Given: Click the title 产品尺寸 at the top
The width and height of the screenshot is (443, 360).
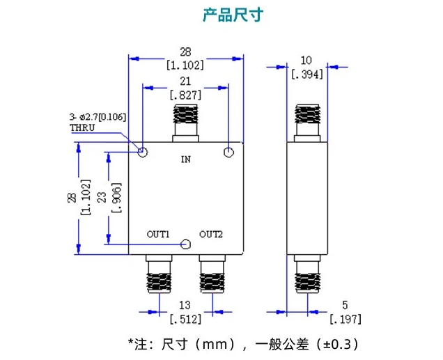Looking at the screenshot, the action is pyautogui.click(x=233, y=15).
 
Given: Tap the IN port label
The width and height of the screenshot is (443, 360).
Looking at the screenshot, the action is pyautogui.click(x=186, y=159).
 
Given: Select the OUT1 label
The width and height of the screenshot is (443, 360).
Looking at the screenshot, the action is pyautogui.click(x=158, y=234).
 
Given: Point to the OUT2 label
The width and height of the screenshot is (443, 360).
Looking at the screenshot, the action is pyautogui.click(x=211, y=234).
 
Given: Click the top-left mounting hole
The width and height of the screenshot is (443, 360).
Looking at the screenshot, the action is pyautogui.click(x=143, y=152).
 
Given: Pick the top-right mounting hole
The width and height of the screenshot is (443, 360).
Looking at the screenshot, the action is pyautogui.click(x=228, y=152).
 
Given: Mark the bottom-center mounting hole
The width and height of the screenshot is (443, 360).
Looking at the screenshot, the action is pyautogui.click(x=185, y=244).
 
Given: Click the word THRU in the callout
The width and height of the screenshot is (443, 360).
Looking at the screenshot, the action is pyautogui.click(x=82, y=127).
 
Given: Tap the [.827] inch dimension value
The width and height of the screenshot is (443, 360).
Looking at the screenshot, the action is pyautogui.click(x=185, y=95).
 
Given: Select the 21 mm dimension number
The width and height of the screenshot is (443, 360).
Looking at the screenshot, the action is pyautogui.click(x=185, y=81).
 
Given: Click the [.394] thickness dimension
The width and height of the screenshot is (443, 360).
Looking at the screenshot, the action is pyautogui.click(x=307, y=75).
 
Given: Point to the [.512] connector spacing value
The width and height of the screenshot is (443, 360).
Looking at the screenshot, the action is pyautogui.click(x=185, y=319).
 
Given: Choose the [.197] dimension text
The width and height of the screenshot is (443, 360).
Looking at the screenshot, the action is pyautogui.click(x=345, y=319).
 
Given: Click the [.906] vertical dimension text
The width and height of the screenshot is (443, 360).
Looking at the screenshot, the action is pyautogui.click(x=117, y=198).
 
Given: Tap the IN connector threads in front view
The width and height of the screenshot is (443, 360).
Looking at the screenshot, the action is pyautogui.click(x=185, y=114).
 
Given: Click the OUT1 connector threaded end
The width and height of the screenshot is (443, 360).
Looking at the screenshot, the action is pyautogui.click(x=159, y=283).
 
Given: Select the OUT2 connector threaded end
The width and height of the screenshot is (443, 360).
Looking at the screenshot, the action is pyautogui.click(x=212, y=283).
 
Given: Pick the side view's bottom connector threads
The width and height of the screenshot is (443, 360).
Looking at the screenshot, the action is pyautogui.click(x=307, y=283).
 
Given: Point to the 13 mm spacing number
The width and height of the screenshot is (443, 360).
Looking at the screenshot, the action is pyautogui.click(x=185, y=305).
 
